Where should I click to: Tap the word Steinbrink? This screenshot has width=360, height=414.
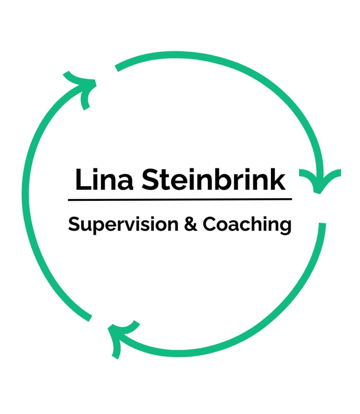[x=213, y=180]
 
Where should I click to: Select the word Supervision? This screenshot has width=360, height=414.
[x=123, y=225]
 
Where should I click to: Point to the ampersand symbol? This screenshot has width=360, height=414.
[x=191, y=224]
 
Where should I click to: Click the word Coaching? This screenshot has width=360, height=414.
[x=247, y=225]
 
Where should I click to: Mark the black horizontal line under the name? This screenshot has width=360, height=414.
[x=180, y=200]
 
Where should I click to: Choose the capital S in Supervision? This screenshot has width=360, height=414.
[x=74, y=224]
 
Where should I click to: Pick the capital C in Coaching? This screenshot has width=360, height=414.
[x=209, y=224]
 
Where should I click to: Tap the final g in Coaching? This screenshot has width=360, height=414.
[x=285, y=227]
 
